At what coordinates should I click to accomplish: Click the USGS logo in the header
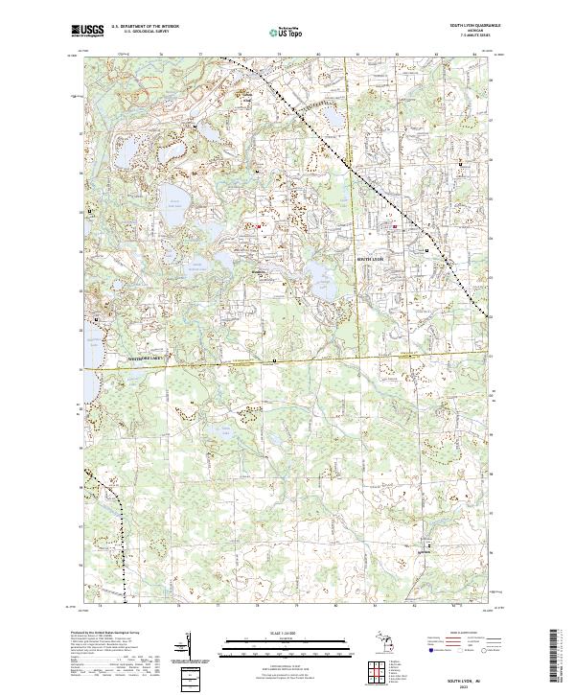(88, 31)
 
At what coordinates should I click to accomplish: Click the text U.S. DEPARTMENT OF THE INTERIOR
(145, 27)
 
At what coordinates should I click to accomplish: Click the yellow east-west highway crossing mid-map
(287, 363)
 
